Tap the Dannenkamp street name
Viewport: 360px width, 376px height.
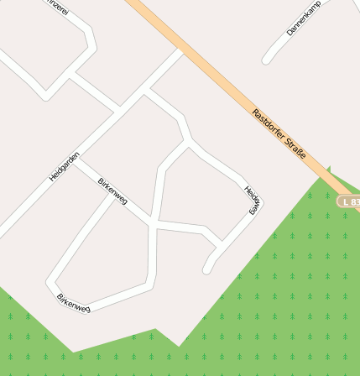point(303,18)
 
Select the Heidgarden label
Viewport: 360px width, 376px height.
point(64,166)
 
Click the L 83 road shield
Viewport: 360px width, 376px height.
point(349,202)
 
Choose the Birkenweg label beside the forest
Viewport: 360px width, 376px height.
point(73,303)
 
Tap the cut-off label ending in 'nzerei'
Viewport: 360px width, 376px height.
point(57,8)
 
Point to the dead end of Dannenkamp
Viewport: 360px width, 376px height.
point(266,60)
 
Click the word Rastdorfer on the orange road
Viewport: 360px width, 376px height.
point(266,123)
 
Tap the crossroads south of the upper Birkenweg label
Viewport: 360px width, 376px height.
point(153,222)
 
